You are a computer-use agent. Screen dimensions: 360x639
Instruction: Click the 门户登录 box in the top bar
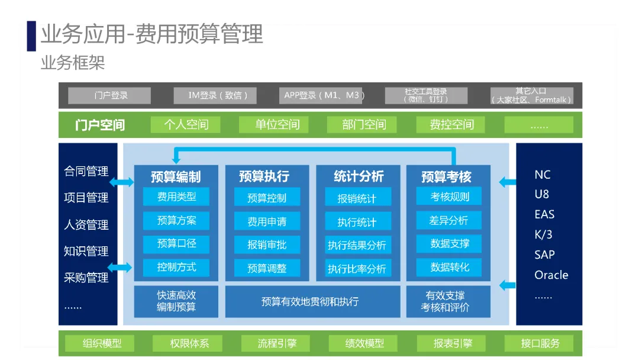(109, 95)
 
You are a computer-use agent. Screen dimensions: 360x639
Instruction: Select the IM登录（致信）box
(215, 95)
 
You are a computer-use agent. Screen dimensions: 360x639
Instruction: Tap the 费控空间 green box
(451, 124)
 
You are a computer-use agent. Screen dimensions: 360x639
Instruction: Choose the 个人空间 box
(186, 124)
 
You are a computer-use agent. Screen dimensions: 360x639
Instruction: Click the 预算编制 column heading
(176, 176)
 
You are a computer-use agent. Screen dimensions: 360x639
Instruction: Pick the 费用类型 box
(176, 197)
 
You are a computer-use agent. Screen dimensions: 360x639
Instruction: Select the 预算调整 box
(267, 268)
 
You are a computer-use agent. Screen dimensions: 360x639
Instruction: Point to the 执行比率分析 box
(357, 269)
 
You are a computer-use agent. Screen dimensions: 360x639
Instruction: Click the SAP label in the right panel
(544, 255)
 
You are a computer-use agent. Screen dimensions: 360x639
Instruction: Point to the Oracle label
(551, 275)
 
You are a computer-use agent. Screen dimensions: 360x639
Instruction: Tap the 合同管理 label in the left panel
(86, 172)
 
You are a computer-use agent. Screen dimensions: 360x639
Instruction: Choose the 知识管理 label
(86, 251)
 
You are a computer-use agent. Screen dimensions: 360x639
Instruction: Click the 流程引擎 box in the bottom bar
(277, 343)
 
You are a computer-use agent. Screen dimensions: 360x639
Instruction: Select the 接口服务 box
(540, 343)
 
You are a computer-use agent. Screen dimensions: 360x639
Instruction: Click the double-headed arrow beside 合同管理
(122, 182)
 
